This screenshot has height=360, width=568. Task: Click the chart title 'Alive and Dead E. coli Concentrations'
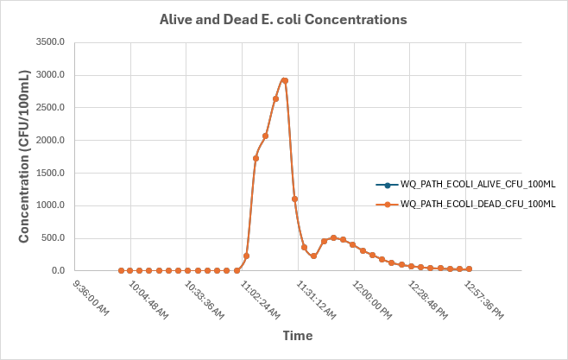[x=284, y=18]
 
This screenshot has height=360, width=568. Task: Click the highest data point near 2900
[x=285, y=80]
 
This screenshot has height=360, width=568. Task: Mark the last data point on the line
[x=469, y=269]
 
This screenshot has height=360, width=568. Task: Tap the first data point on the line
[x=121, y=270]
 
